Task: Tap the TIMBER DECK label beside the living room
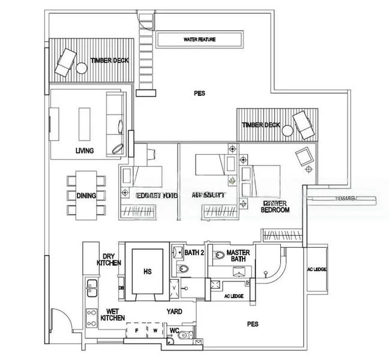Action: click(110, 61)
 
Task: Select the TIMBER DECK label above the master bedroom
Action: click(261, 125)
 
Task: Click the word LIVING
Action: click(85, 151)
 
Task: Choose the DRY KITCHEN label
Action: click(110, 259)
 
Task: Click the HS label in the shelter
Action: click(148, 272)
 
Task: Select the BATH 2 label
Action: click(194, 253)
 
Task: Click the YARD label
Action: click(175, 311)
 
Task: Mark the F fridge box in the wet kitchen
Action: click(137, 331)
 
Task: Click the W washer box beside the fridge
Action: click(154, 331)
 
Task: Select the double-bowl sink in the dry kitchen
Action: click(91, 288)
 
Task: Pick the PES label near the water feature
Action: click(199, 94)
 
